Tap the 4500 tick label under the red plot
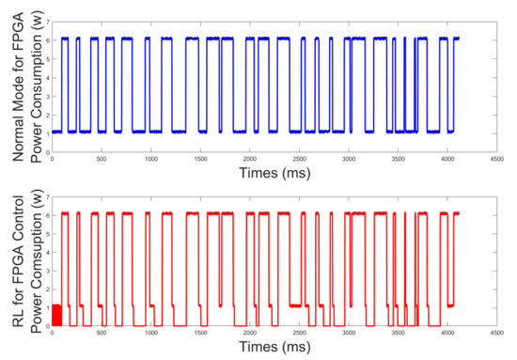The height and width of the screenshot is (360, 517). [496, 332]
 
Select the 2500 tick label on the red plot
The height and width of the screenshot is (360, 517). [299, 332]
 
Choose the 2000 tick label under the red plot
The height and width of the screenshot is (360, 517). [249, 332]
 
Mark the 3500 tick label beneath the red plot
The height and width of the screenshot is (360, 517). [398, 332]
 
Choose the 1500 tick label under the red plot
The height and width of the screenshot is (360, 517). [200, 332]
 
